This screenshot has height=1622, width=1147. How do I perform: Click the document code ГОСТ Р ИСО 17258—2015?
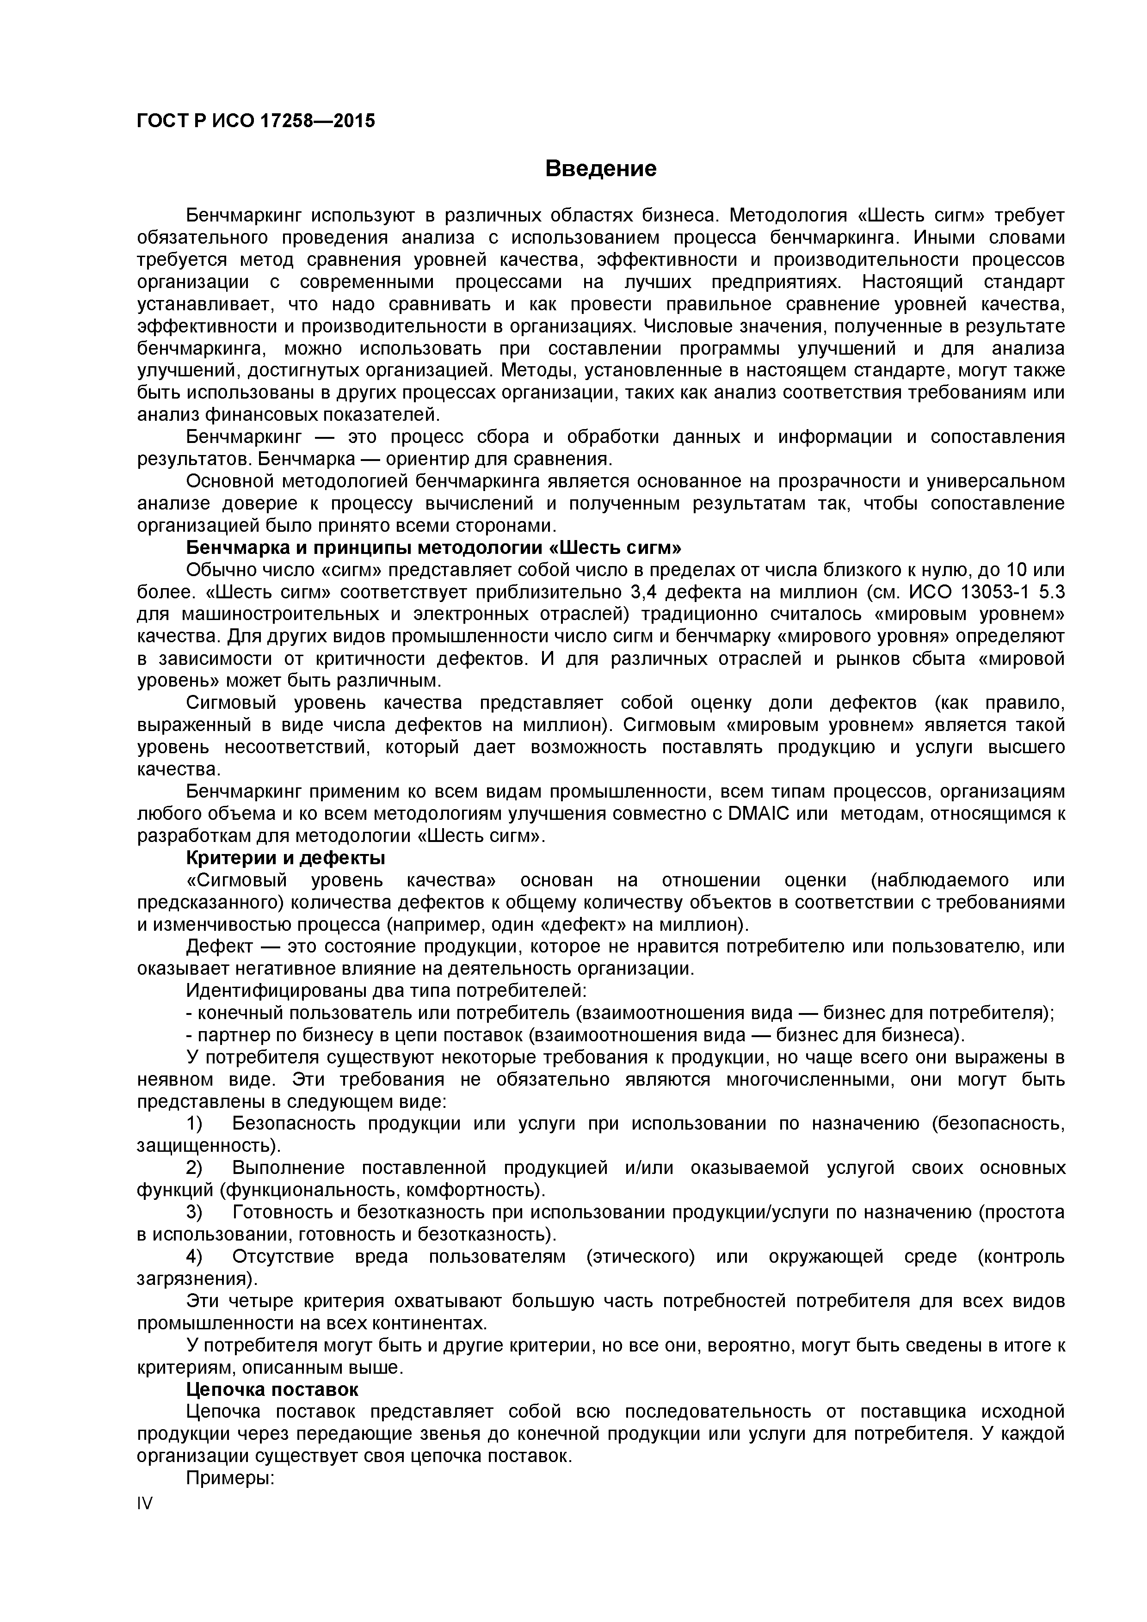[256, 121]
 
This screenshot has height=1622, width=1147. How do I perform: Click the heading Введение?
[601, 169]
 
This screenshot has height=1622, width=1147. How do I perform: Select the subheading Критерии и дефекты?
[285, 858]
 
